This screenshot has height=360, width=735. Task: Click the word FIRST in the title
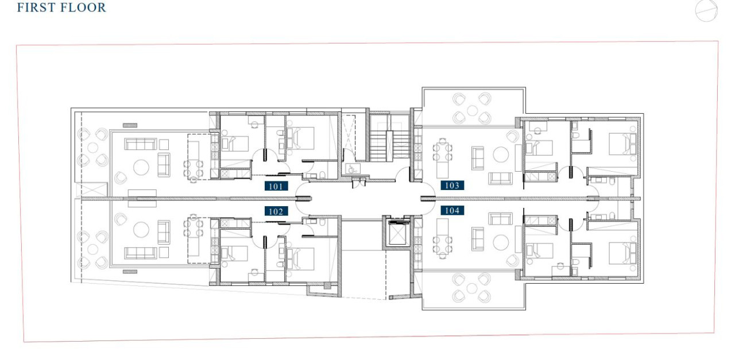click(x=33, y=7)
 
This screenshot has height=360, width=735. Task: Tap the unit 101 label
click(x=276, y=187)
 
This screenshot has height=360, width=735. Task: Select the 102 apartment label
click(x=276, y=211)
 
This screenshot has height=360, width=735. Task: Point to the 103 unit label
click(x=452, y=185)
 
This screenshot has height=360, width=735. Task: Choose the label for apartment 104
click(x=452, y=210)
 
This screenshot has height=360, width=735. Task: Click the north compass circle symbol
click(x=706, y=11)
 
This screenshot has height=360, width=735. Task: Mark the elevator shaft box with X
click(x=397, y=233)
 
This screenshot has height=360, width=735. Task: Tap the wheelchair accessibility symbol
click(x=353, y=169)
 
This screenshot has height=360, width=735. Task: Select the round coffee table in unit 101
click(x=141, y=167)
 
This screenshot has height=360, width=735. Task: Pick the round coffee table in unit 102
click(x=141, y=230)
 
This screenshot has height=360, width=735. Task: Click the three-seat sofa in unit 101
click(x=141, y=144)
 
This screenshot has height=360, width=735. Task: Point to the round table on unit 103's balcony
click(x=472, y=111)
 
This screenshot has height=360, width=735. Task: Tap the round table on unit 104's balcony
click(x=472, y=288)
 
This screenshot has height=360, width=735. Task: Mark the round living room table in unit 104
click(x=501, y=242)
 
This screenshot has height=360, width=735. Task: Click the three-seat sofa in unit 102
click(x=141, y=253)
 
